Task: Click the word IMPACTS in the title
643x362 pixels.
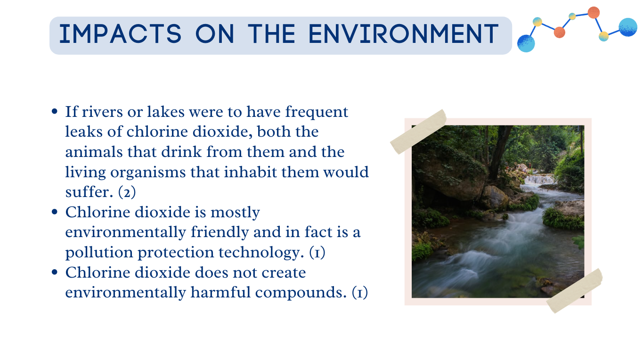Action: tap(120, 34)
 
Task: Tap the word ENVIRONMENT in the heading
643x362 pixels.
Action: tap(404, 34)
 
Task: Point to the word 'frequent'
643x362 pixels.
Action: tap(317, 113)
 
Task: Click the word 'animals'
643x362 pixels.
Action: tap(94, 152)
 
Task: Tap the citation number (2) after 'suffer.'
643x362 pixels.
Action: tap(127, 192)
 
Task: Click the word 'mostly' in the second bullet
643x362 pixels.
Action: tap(236, 213)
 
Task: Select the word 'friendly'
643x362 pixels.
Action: tap(220, 232)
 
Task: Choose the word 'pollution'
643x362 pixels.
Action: tap(99, 253)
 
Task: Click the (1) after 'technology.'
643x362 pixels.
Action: tap(317, 253)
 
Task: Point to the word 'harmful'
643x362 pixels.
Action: tap(220, 292)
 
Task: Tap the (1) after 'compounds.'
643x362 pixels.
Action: tap(360, 293)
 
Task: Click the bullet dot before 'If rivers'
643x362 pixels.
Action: tap(55, 111)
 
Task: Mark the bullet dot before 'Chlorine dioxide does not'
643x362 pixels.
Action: tap(55, 272)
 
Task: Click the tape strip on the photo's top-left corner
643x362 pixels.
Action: tap(418, 132)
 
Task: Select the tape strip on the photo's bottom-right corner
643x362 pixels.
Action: tap(574, 291)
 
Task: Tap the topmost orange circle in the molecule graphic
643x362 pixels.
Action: tap(594, 13)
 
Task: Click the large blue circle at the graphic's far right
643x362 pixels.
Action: tap(628, 27)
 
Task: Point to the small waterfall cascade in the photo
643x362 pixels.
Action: tap(538, 180)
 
